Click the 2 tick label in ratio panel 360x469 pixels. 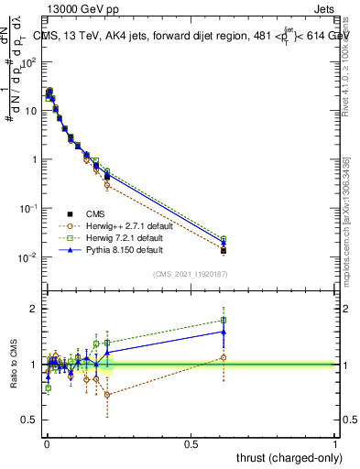coord(34,310)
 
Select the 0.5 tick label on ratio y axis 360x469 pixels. coord(29,420)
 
